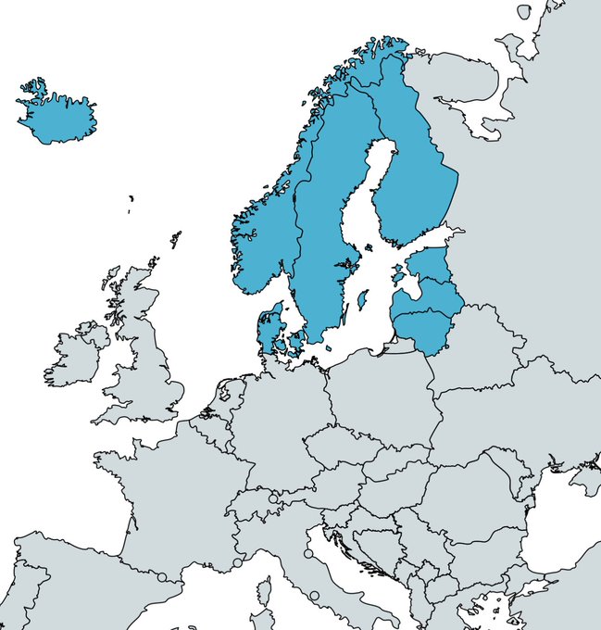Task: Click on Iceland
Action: (57, 119)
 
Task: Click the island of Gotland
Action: (362, 300)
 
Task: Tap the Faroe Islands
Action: (131, 198)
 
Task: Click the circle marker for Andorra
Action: (162, 577)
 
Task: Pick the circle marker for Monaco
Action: (238, 562)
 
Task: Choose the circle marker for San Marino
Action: (308, 554)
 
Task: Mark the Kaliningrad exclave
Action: (398, 346)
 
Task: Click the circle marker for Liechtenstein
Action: (273, 498)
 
